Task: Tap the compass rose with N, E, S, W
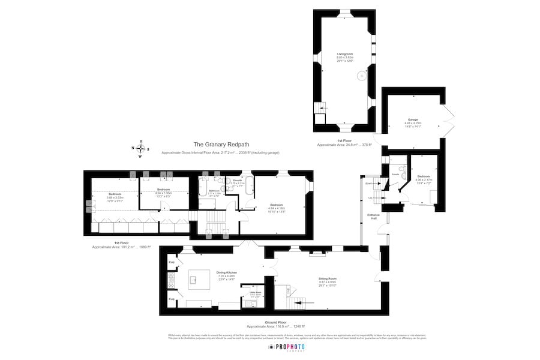(140, 149)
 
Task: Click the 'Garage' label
(413, 119)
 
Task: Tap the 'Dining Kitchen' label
(227, 272)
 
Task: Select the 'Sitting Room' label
(328, 278)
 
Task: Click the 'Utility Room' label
(255, 293)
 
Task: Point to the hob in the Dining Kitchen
(171, 278)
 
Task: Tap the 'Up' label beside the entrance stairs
(370, 198)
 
